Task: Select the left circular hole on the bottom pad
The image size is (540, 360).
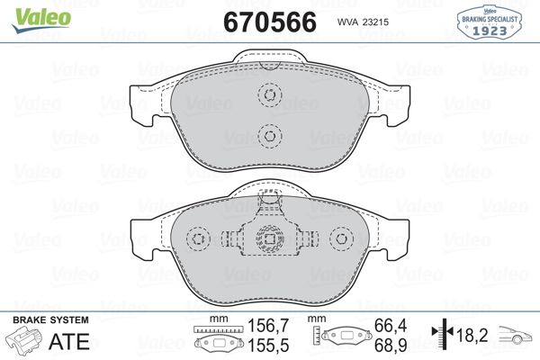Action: tap(198, 238)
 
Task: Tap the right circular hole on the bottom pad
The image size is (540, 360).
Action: tap(339, 238)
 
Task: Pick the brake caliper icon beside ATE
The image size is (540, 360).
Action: tap(25, 342)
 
